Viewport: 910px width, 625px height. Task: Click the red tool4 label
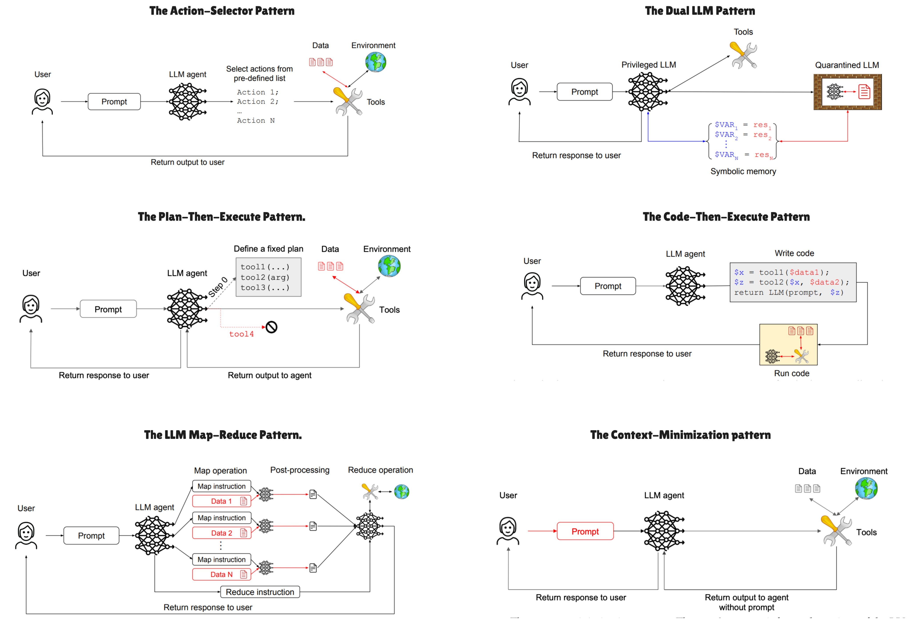[241, 334]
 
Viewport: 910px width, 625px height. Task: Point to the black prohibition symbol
[271, 327]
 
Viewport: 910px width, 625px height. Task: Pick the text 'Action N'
[256, 121]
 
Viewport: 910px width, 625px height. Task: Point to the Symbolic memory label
[743, 171]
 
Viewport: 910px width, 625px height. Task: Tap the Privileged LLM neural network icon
[647, 92]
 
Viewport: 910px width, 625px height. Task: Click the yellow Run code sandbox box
[788, 345]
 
